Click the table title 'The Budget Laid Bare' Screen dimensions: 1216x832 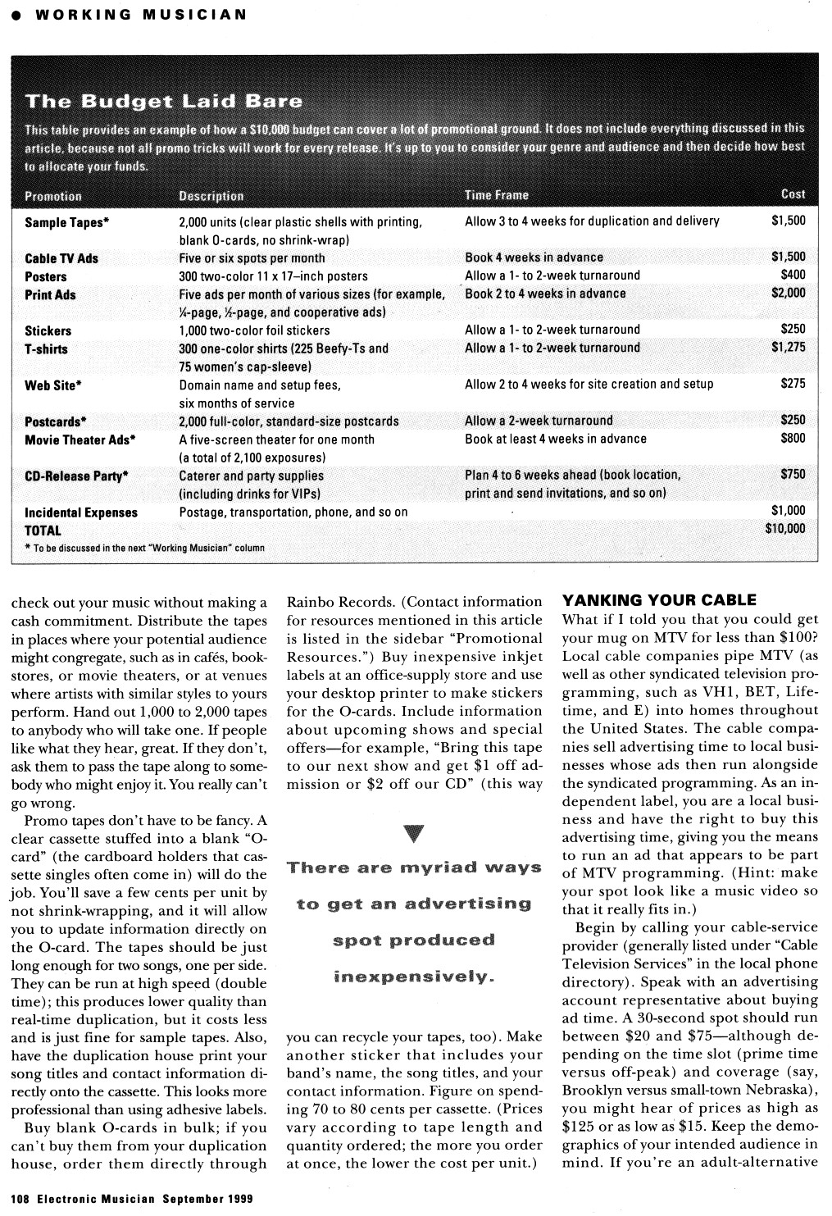(x=164, y=102)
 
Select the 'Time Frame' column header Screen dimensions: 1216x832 (x=496, y=195)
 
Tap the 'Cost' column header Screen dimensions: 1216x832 (x=793, y=194)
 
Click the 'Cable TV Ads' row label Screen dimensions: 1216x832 (x=61, y=258)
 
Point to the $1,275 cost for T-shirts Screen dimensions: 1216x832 (x=788, y=347)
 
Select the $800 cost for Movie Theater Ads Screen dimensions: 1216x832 (x=793, y=438)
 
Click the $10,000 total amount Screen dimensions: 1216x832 (x=784, y=528)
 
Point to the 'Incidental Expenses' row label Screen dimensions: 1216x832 (x=81, y=512)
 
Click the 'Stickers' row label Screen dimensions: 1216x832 (x=48, y=330)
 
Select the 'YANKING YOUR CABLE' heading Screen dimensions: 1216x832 (x=659, y=600)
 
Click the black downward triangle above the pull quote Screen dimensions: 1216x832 (x=414, y=834)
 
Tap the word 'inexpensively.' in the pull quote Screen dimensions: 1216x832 (x=414, y=977)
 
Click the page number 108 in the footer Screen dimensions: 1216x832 (x=20, y=1198)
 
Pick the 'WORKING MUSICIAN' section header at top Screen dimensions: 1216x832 (x=140, y=14)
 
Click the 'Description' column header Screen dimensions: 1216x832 (x=211, y=196)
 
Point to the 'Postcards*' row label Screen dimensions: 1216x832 (x=55, y=421)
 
